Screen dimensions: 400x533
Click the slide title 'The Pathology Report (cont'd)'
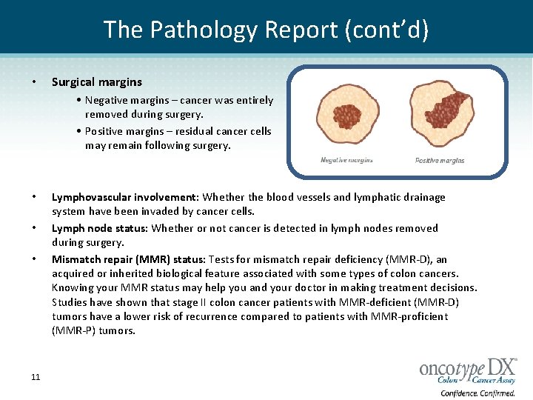(266, 29)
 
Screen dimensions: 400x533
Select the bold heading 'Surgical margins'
(96, 82)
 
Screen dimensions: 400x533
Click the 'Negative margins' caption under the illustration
(346, 160)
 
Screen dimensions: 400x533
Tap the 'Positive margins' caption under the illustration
(440, 160)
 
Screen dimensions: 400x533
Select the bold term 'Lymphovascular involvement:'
(125, 198)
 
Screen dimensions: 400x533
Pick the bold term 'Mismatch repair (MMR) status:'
(129, 259)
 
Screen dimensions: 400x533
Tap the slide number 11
(36, 378)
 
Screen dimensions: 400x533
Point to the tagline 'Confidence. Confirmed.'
(477, 393)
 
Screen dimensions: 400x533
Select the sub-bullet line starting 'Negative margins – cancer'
(178, 100)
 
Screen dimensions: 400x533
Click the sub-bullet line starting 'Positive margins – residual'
(178, 131)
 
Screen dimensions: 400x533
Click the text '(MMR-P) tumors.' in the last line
(93, 331)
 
